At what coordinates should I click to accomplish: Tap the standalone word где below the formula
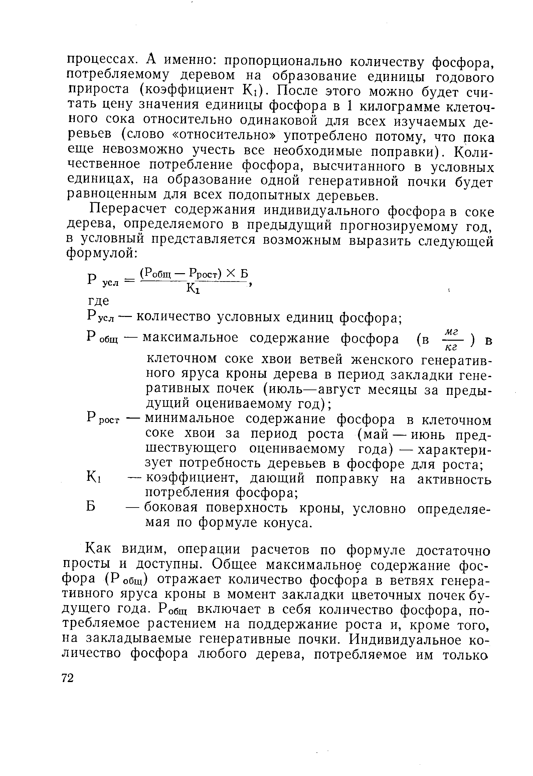coord(98,301)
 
